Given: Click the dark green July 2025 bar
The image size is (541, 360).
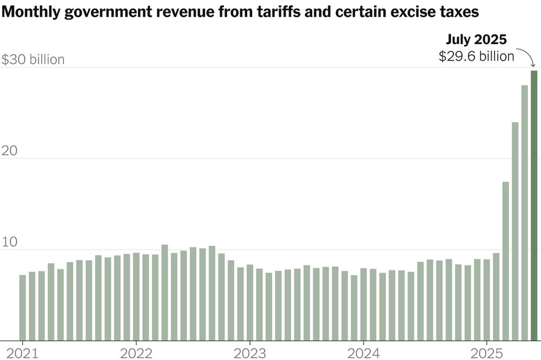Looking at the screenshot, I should coord(534,205).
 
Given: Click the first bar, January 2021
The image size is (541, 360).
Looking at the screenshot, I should coord(22,308).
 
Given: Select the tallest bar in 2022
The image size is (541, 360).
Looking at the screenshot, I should coord(164,292).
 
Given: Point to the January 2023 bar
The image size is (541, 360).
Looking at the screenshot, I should coord(249,303).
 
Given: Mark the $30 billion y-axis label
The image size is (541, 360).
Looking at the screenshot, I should coord(33,59).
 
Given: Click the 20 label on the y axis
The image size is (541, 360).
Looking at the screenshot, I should coord(11,151).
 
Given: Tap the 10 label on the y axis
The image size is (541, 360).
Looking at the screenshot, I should coord(10,242).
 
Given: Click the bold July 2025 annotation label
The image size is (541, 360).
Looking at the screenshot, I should coord(476,40).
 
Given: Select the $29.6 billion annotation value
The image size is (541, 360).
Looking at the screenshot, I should coord(476,56).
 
